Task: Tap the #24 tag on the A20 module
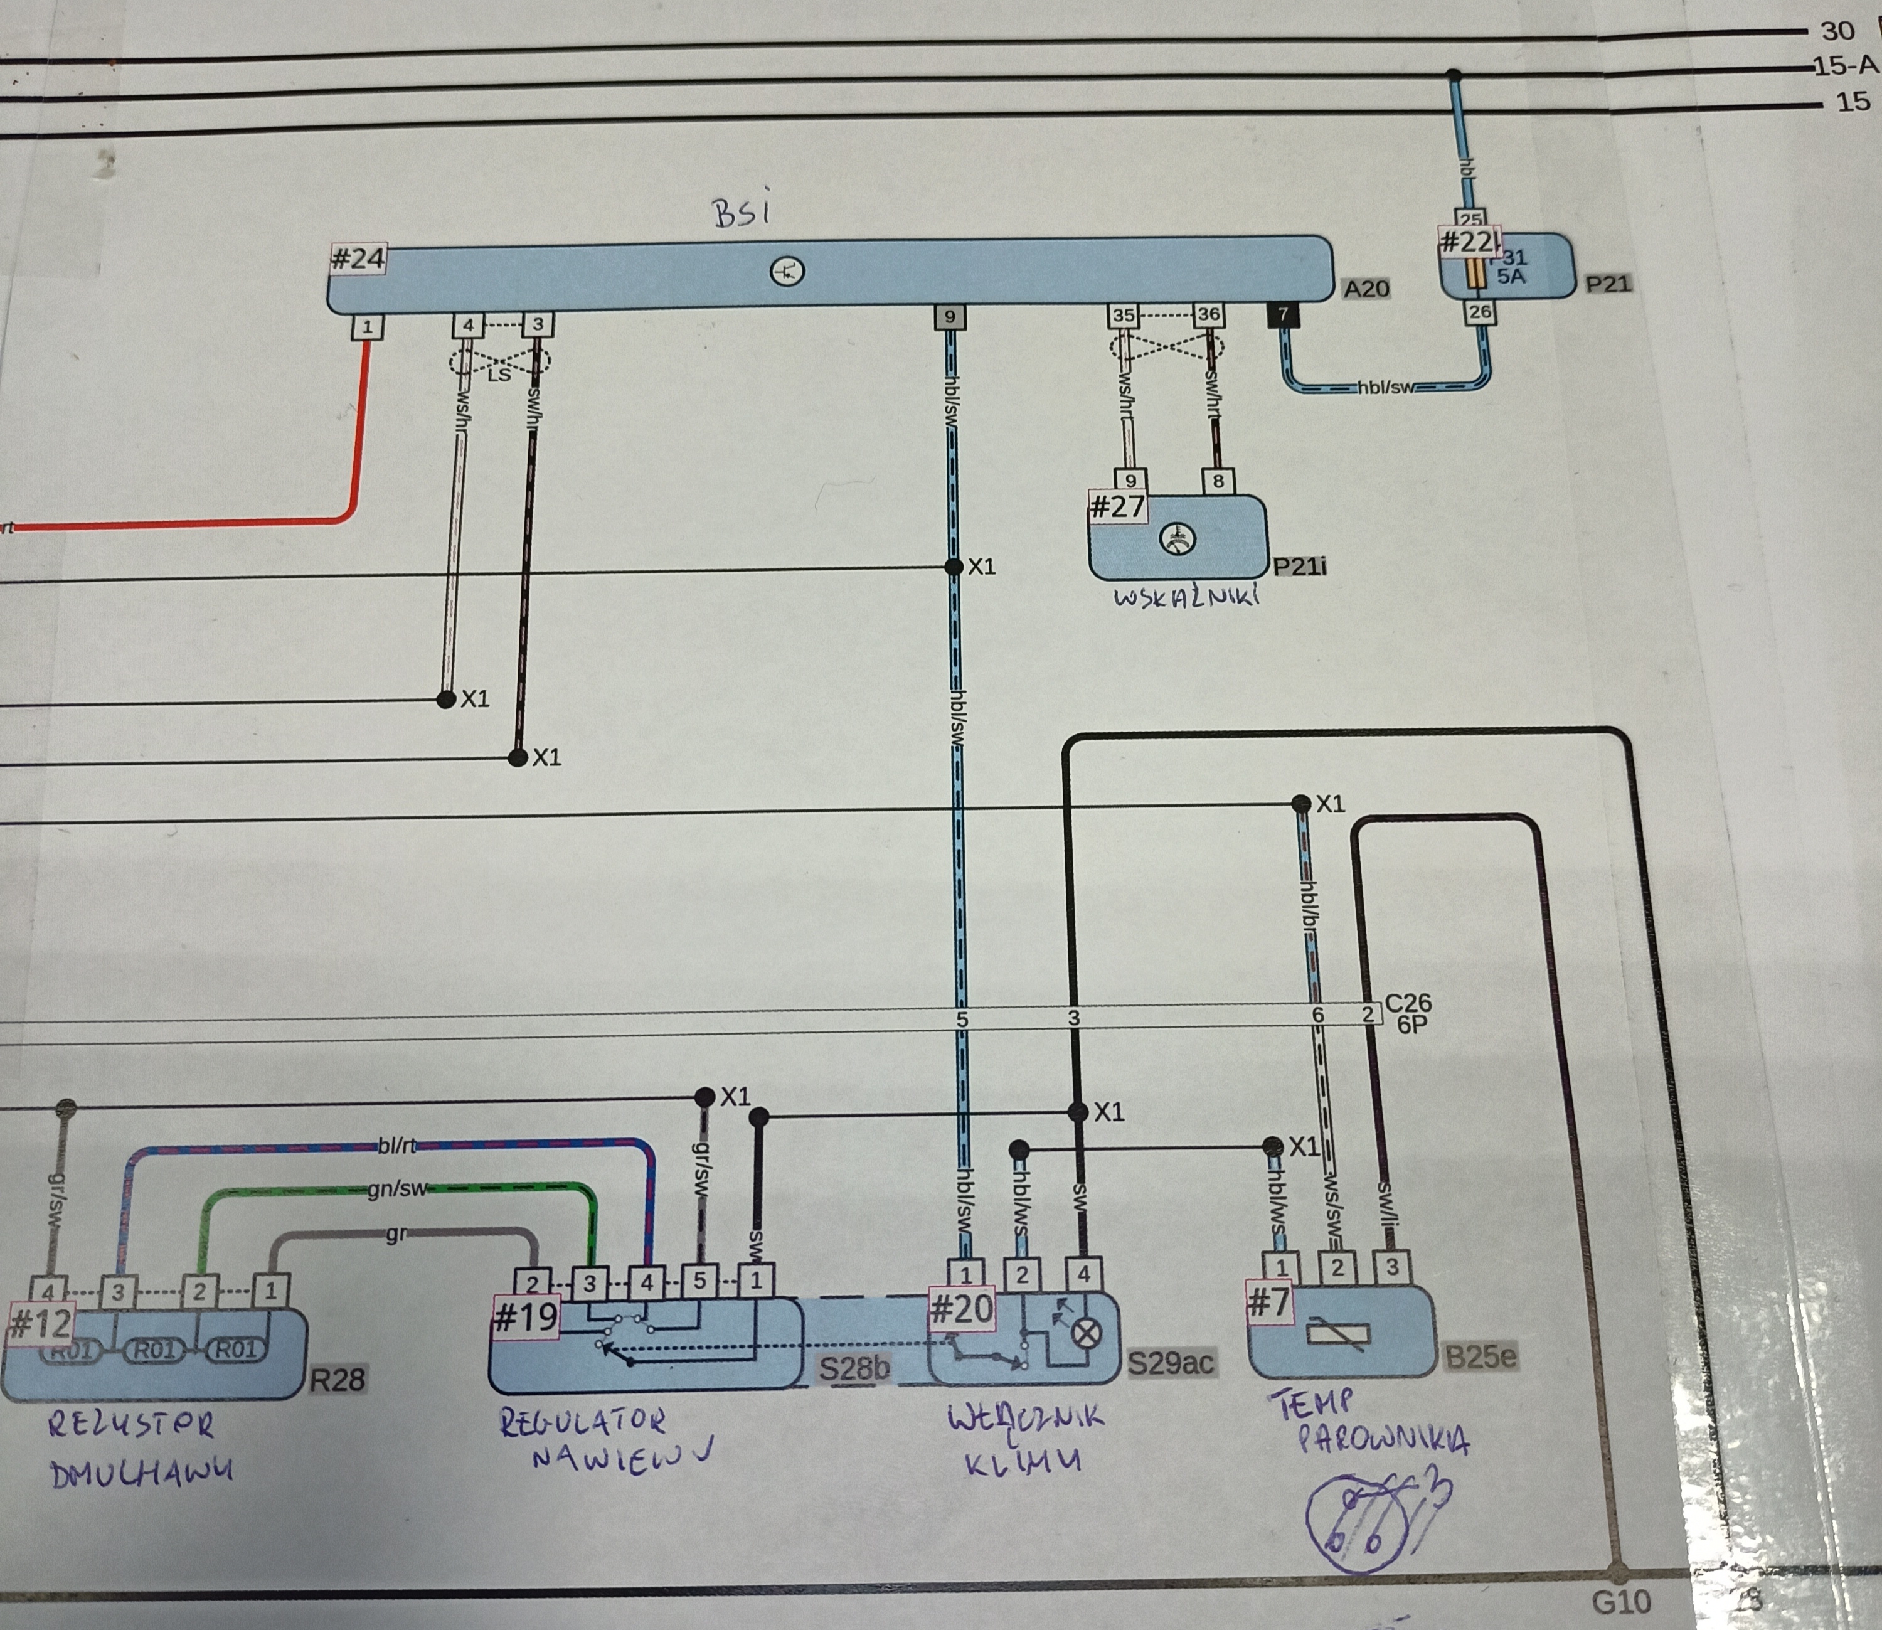click(x=358, y=258)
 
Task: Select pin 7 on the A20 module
click(x=1282, y=315)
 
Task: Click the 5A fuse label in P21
click(x=1510, y=275)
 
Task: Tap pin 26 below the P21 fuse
click(x=1480, y=312)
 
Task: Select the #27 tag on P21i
click(x=1117, y=506)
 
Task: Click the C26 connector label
click(x=1408, y=1003)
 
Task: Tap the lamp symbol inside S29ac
click(x=1086, y=1333)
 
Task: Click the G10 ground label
click(x=1621, y=1602)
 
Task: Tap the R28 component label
click(x=336, y=1380)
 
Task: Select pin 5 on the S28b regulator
click(x=699, y=1281)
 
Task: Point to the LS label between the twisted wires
click(x=499, y=374)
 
